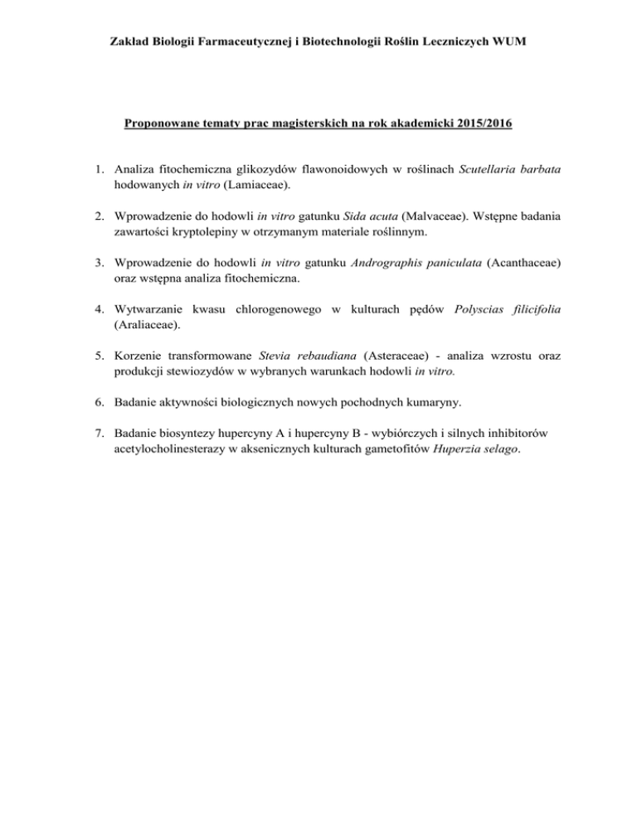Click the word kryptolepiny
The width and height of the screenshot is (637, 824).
212,239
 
